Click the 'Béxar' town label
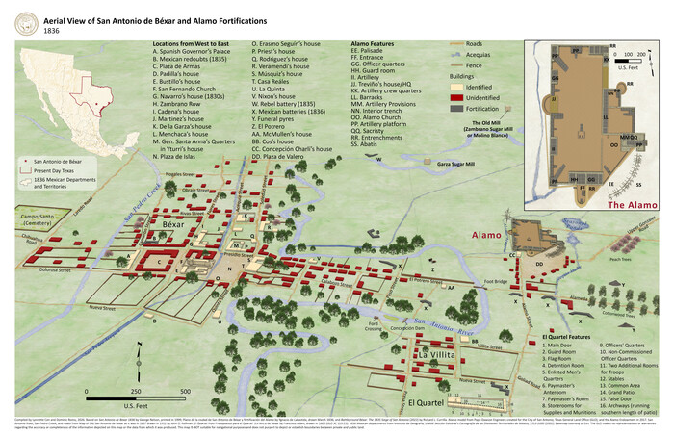[172, 223]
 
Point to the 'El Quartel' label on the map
[424, 401]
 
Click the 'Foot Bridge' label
[497, 282]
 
